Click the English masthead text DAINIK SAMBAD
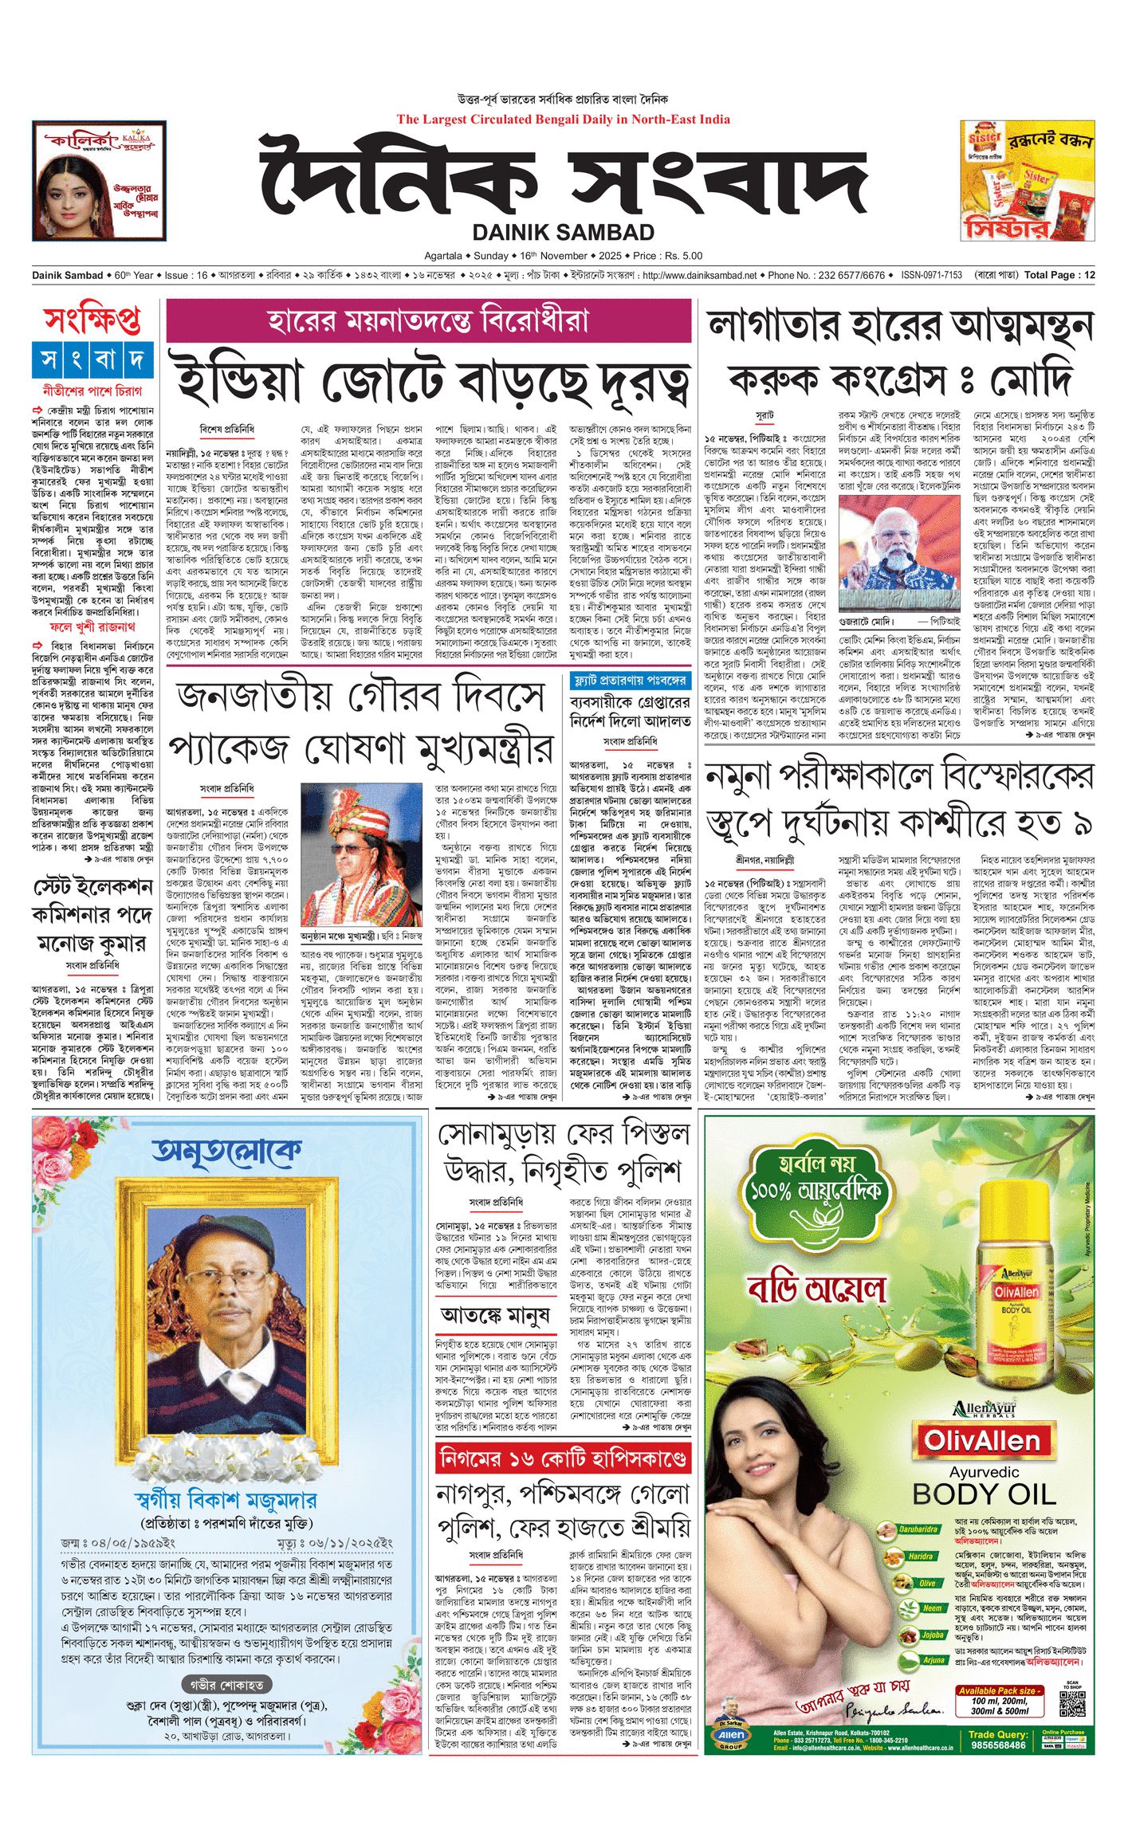tap(563, 233)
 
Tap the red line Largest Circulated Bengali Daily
tap(563, 120)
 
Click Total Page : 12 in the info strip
tap(1059, 275)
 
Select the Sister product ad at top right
tap(1027, 180)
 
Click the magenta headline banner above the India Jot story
tap(429, 320)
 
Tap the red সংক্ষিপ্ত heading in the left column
tap(92, 320)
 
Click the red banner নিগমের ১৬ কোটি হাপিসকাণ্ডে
tap(563, 1458)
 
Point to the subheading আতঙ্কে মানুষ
tap(494, 1313)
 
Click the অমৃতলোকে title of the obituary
tap(227, 1152)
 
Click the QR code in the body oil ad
tap(1072, 1707)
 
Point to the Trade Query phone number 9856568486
tap(999, 1745)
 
